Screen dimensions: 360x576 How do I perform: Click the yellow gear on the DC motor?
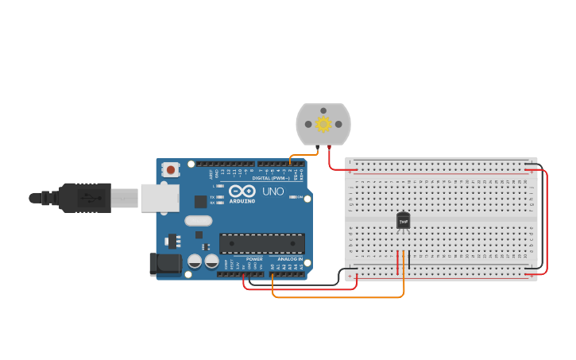[x=323, y=124]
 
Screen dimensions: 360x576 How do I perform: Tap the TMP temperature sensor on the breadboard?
[x=404, y=220]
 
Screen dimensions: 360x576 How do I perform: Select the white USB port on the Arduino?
[x=160, y=198]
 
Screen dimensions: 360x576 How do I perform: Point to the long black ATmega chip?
[x=261, y=243]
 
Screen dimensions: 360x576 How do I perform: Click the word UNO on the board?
[x=273, y=192]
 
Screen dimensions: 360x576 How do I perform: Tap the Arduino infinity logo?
[x=242, y=191]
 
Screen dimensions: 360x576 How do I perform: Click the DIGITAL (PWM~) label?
[x=271, y=178]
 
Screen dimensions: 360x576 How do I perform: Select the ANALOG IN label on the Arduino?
[x=290, y=259]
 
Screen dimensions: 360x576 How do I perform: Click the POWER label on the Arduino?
[x=254, y=259]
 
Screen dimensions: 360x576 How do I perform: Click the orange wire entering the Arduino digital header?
[x=292, y=159]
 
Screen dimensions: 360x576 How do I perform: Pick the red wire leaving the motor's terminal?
[x=330, y=161]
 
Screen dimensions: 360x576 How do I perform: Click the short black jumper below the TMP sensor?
[x=408, y=260]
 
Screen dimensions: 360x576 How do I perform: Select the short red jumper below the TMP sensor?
[x=397, y=260]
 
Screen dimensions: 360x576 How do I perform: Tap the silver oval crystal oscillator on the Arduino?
[x=199, y=221]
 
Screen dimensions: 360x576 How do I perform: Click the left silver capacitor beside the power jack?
[x=195, y=261]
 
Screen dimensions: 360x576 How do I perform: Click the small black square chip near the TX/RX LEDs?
[x=201, y=202]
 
